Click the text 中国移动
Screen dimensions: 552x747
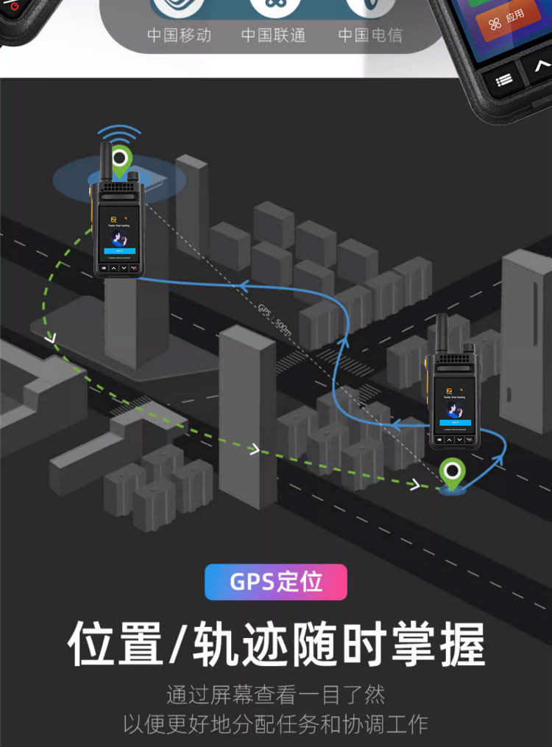[x=179, y=35]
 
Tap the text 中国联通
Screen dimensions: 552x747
[x=273, y=35]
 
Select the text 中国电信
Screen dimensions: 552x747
[x=370, y=35]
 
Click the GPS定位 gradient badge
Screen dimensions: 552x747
[x=276, y=581]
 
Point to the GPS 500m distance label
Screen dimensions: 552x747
[x=275, y=319]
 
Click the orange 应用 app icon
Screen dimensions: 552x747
[x=508, y=19]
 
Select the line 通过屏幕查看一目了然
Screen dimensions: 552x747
[x=276, y=694]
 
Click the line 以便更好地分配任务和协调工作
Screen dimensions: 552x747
[x=276, y=723]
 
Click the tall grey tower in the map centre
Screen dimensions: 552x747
[x=248, y=413]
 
